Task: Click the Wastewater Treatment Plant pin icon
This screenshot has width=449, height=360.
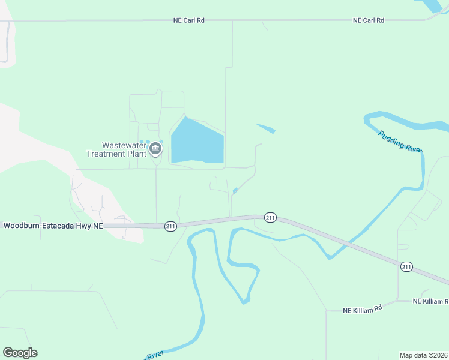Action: (x=156, y=148)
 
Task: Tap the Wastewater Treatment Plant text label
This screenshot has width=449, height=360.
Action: (x=124, y=149)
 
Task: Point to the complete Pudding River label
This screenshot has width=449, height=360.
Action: (x=400, y=142)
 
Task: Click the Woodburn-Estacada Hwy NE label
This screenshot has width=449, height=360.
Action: (x=53, y=226)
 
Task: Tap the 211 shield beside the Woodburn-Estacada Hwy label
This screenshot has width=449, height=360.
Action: (x=171, y=226)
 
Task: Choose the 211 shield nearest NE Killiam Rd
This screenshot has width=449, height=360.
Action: (x=407, y=266)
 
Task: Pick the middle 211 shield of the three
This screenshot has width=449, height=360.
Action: (x=270, y=217)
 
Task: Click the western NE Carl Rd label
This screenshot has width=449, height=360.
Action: (x=188, y=20)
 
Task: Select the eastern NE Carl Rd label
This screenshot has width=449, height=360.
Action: (x=369, y=20)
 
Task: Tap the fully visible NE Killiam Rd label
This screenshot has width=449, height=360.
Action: (x=363, y=310)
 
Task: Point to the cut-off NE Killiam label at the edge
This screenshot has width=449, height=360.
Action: (x=431, y=301)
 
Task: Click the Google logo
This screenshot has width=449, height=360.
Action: (x=20, y=353)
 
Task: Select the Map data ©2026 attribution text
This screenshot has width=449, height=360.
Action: (x=423, y=355)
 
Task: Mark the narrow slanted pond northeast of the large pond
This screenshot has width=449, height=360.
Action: (x=266, y=128)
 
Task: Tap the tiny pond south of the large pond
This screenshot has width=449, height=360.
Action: (x=235, y=191)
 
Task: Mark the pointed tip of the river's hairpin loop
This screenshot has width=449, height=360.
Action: (x=244, y=301)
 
